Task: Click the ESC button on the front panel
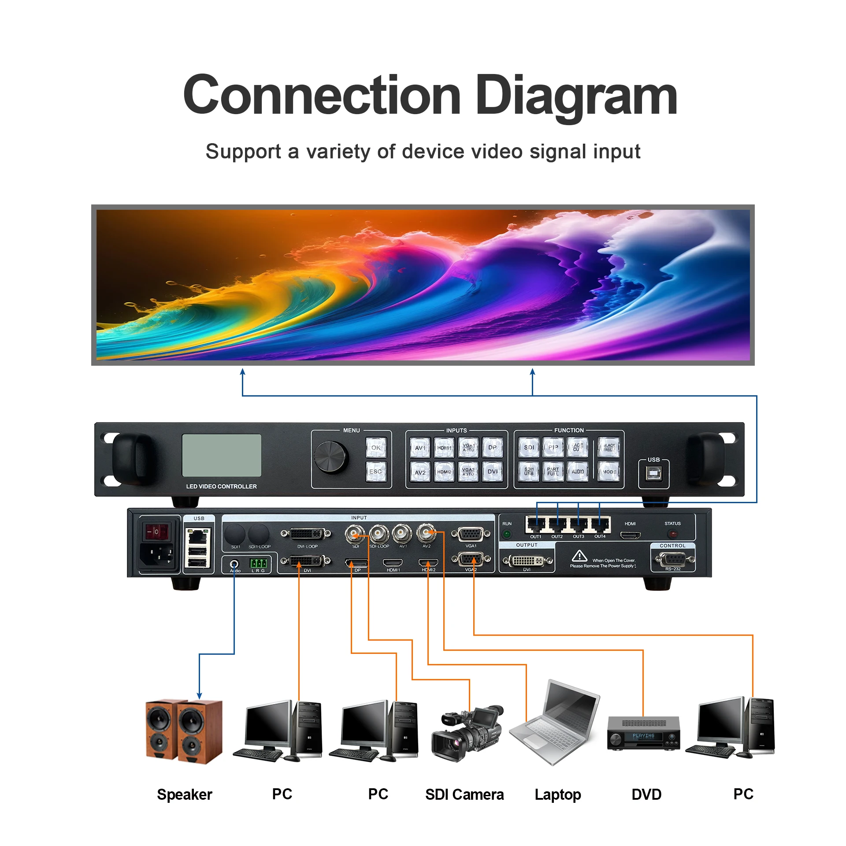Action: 376,471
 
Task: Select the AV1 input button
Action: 420,448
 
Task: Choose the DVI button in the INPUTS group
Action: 492,471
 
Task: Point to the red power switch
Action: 157,532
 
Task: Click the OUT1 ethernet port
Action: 536,525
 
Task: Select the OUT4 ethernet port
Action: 600,525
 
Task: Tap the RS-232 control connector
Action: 673,560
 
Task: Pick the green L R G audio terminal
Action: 258,563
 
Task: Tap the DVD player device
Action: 643,733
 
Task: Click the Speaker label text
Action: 185,794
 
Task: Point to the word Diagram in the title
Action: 576,95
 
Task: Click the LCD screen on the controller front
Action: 222,455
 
